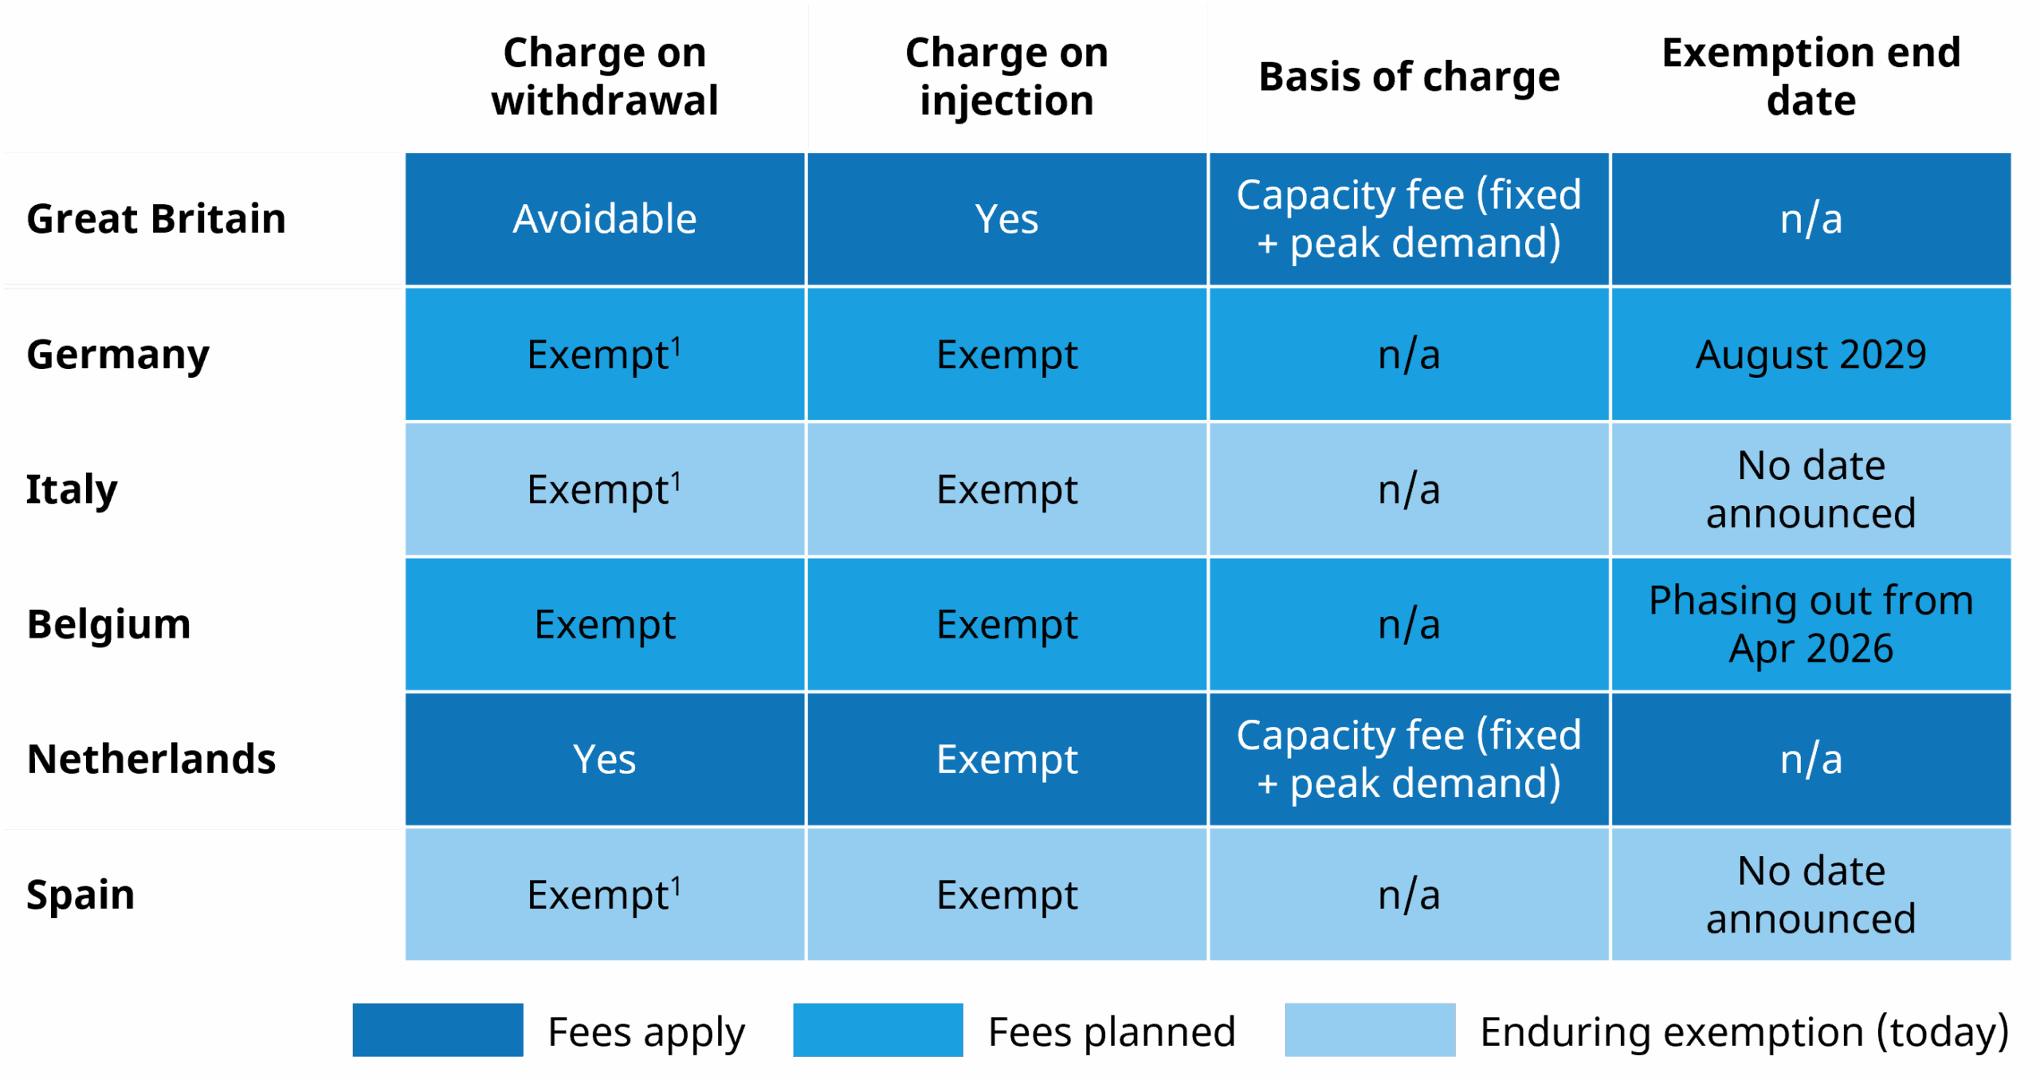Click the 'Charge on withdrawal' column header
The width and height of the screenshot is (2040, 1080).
click(x=604, y=77)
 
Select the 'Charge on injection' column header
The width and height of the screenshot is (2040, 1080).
click(x=1006, y=77)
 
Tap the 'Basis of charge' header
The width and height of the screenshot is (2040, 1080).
click(x=1408, y=77)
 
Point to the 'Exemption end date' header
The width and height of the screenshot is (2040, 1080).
click(x=1810, y=77)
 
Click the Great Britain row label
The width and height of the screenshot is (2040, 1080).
click(x=156, y=218)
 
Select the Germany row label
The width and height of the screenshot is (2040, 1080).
click(x=118, y=355)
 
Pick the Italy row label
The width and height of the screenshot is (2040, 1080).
click(x=72, y=489)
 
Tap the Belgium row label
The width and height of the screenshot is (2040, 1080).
click(x=108, y=623)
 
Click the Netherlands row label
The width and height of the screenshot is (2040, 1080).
click(x=151, y=759)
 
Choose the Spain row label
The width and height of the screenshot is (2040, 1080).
click(x=80, y=894)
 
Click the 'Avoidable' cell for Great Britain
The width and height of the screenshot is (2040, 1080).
click(x=604, y=219)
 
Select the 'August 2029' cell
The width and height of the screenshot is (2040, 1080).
click(x=1810, y=355)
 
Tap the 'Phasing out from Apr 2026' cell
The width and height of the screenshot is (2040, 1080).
click(x=1810, y=624)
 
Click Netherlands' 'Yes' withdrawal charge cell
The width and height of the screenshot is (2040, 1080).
click(x=604, y=759)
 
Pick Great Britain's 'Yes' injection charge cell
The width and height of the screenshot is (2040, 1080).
click(x=1006, y=219)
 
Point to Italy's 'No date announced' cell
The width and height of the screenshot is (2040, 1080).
click(x=1810, y=489)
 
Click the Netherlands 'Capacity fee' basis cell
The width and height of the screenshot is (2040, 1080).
click(x=1408, y=759)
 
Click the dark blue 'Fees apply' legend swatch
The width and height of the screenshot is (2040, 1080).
click(x=437, y=1030)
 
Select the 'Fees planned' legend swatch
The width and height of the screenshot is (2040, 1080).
click(x=877, y=1030)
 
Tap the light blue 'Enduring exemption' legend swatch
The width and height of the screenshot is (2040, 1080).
click(x=1369, y=1030)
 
